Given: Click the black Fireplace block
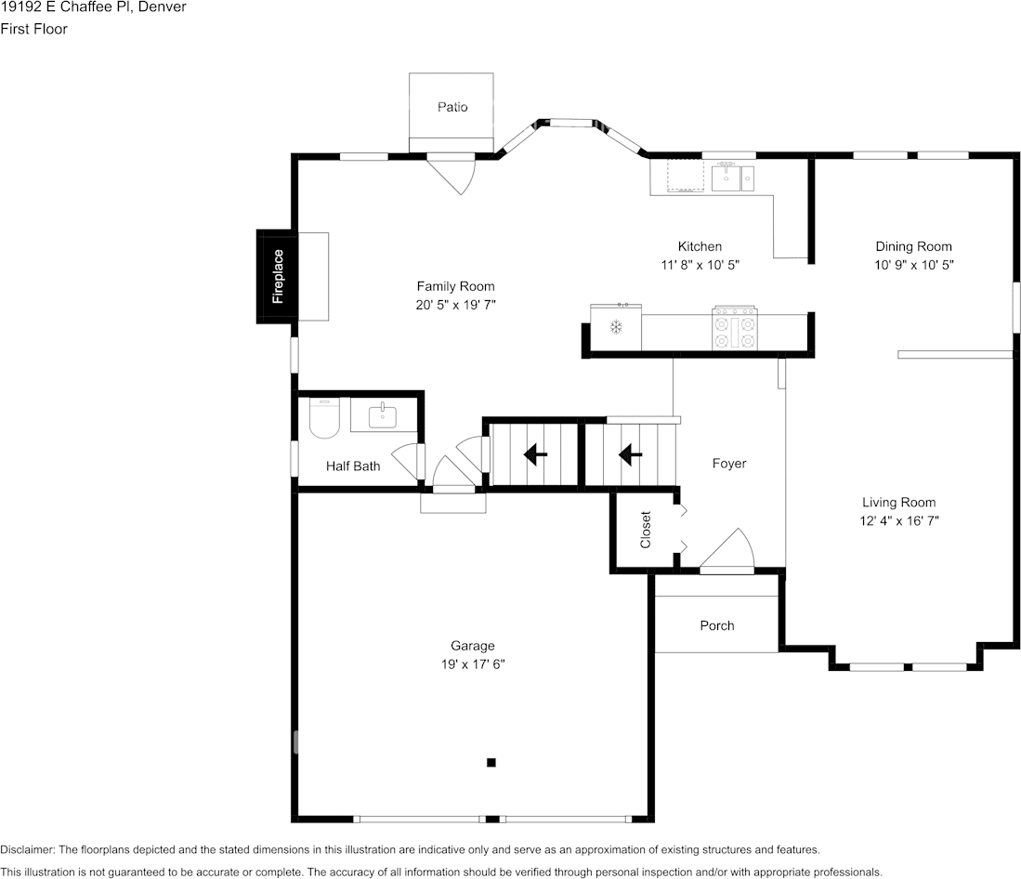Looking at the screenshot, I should coord(276,276).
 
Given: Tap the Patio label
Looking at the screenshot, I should coord(452,107).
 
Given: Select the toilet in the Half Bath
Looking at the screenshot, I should coord(324,420).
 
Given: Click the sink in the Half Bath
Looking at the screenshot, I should coord(383,416).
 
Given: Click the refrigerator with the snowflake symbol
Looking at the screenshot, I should coord(615,327).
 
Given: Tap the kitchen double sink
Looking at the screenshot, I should coord(733,177).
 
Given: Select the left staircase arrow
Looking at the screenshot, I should coord(535,454).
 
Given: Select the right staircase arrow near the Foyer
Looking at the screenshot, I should coord(631,454).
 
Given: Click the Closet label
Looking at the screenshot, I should coord(646,530).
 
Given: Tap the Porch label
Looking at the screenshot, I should coord(716,625).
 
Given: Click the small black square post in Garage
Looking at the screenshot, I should coord(491,763).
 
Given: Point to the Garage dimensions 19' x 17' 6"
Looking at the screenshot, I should coord(473,664).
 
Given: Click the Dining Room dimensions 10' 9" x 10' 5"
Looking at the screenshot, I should coord(913,265).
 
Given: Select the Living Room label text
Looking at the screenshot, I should coord(898,503).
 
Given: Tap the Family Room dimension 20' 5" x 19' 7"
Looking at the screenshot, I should coord(455,305).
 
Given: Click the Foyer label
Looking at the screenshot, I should coord(728,463).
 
